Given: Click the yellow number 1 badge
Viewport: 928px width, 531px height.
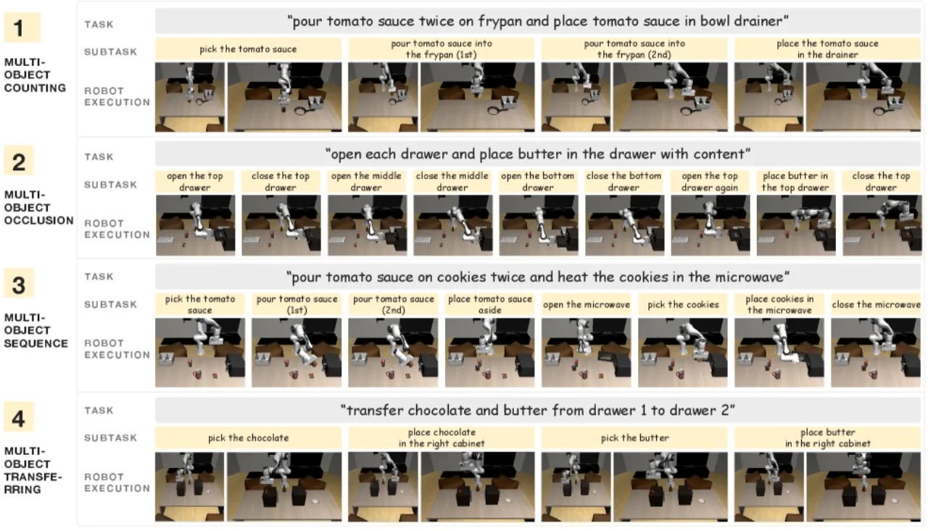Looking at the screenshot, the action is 22,28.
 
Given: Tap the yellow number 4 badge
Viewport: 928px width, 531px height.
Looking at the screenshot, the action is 19,417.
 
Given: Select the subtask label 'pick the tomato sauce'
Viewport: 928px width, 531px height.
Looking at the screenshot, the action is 248,49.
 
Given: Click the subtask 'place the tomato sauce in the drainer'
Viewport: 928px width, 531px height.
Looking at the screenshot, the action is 827,49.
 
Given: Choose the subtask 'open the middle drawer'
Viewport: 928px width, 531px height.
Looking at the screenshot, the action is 366,181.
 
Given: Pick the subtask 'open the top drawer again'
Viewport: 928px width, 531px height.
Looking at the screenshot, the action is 710,181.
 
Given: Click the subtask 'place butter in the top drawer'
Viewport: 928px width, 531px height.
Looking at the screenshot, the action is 795,181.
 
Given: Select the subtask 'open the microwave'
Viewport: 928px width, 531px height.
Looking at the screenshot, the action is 587,304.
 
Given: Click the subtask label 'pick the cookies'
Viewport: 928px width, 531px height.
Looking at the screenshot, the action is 683,304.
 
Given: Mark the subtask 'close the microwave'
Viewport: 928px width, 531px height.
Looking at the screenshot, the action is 876,304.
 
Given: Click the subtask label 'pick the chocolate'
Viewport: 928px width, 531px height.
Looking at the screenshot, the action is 248,438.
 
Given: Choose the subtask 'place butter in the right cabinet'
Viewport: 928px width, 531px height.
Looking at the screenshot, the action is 827,438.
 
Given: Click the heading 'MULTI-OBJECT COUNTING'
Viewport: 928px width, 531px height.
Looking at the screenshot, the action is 35,75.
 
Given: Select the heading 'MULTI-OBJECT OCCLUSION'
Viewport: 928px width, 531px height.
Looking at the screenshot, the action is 39,207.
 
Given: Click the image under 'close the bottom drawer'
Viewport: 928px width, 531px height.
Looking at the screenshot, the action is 624,225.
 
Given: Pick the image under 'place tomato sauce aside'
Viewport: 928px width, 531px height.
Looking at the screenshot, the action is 489,353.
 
